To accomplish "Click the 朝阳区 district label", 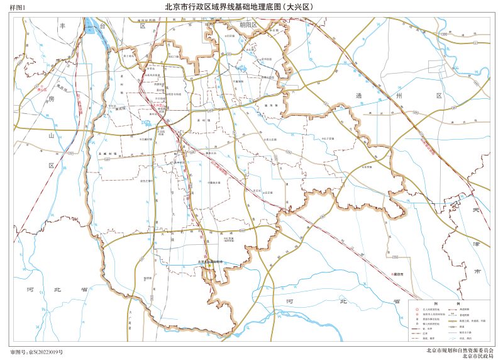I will click(248, 27).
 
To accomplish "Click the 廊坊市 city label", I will click(397, 274).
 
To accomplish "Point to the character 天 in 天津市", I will click(476, 210).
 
